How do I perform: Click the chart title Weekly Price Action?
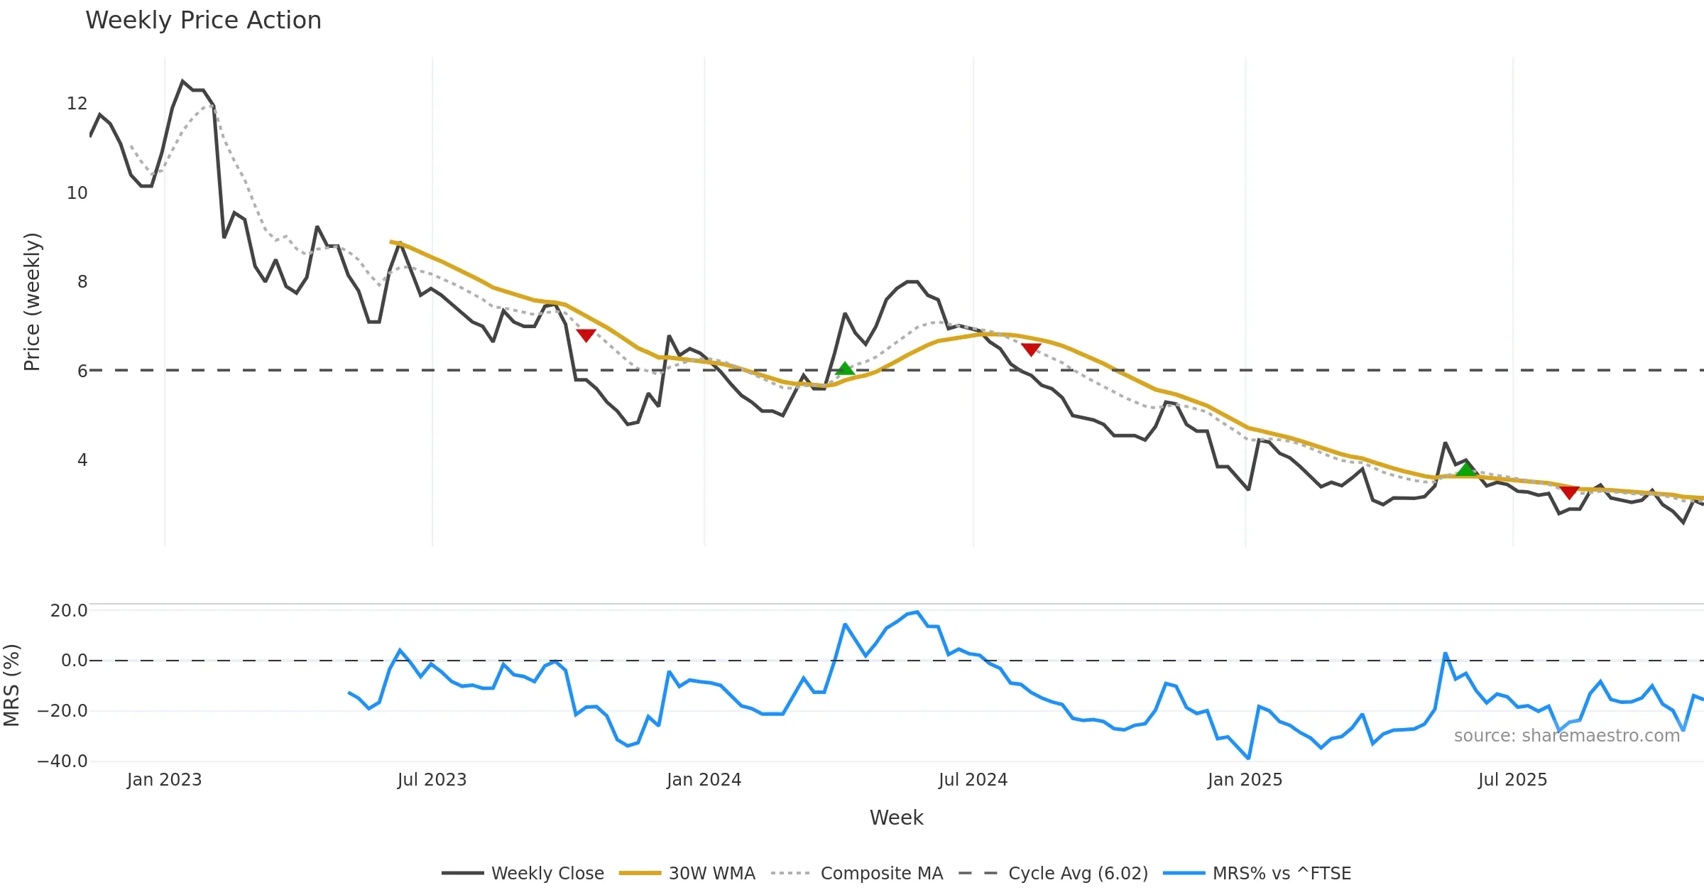pos(203,21)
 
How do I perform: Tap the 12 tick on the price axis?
pos(77,104)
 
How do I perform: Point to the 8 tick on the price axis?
pos(82,282)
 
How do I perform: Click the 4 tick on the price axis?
pos(82,460)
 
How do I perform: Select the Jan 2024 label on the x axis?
pos(704,780)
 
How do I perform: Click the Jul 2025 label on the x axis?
pos(1512,780)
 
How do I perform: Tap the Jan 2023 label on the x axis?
pos(164,780)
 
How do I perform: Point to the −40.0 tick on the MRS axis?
pos(62,761)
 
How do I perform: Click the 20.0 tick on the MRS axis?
pos(69,611)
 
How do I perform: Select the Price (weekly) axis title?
pos(32,302)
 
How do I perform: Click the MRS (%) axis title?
pos(12,685)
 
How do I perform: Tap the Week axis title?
pos(896,818)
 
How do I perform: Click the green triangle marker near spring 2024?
pos(844,369)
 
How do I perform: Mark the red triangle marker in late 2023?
pos(586,335)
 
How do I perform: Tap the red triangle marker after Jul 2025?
pos(1570,492)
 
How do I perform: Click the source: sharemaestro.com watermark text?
pos(1566,736)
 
